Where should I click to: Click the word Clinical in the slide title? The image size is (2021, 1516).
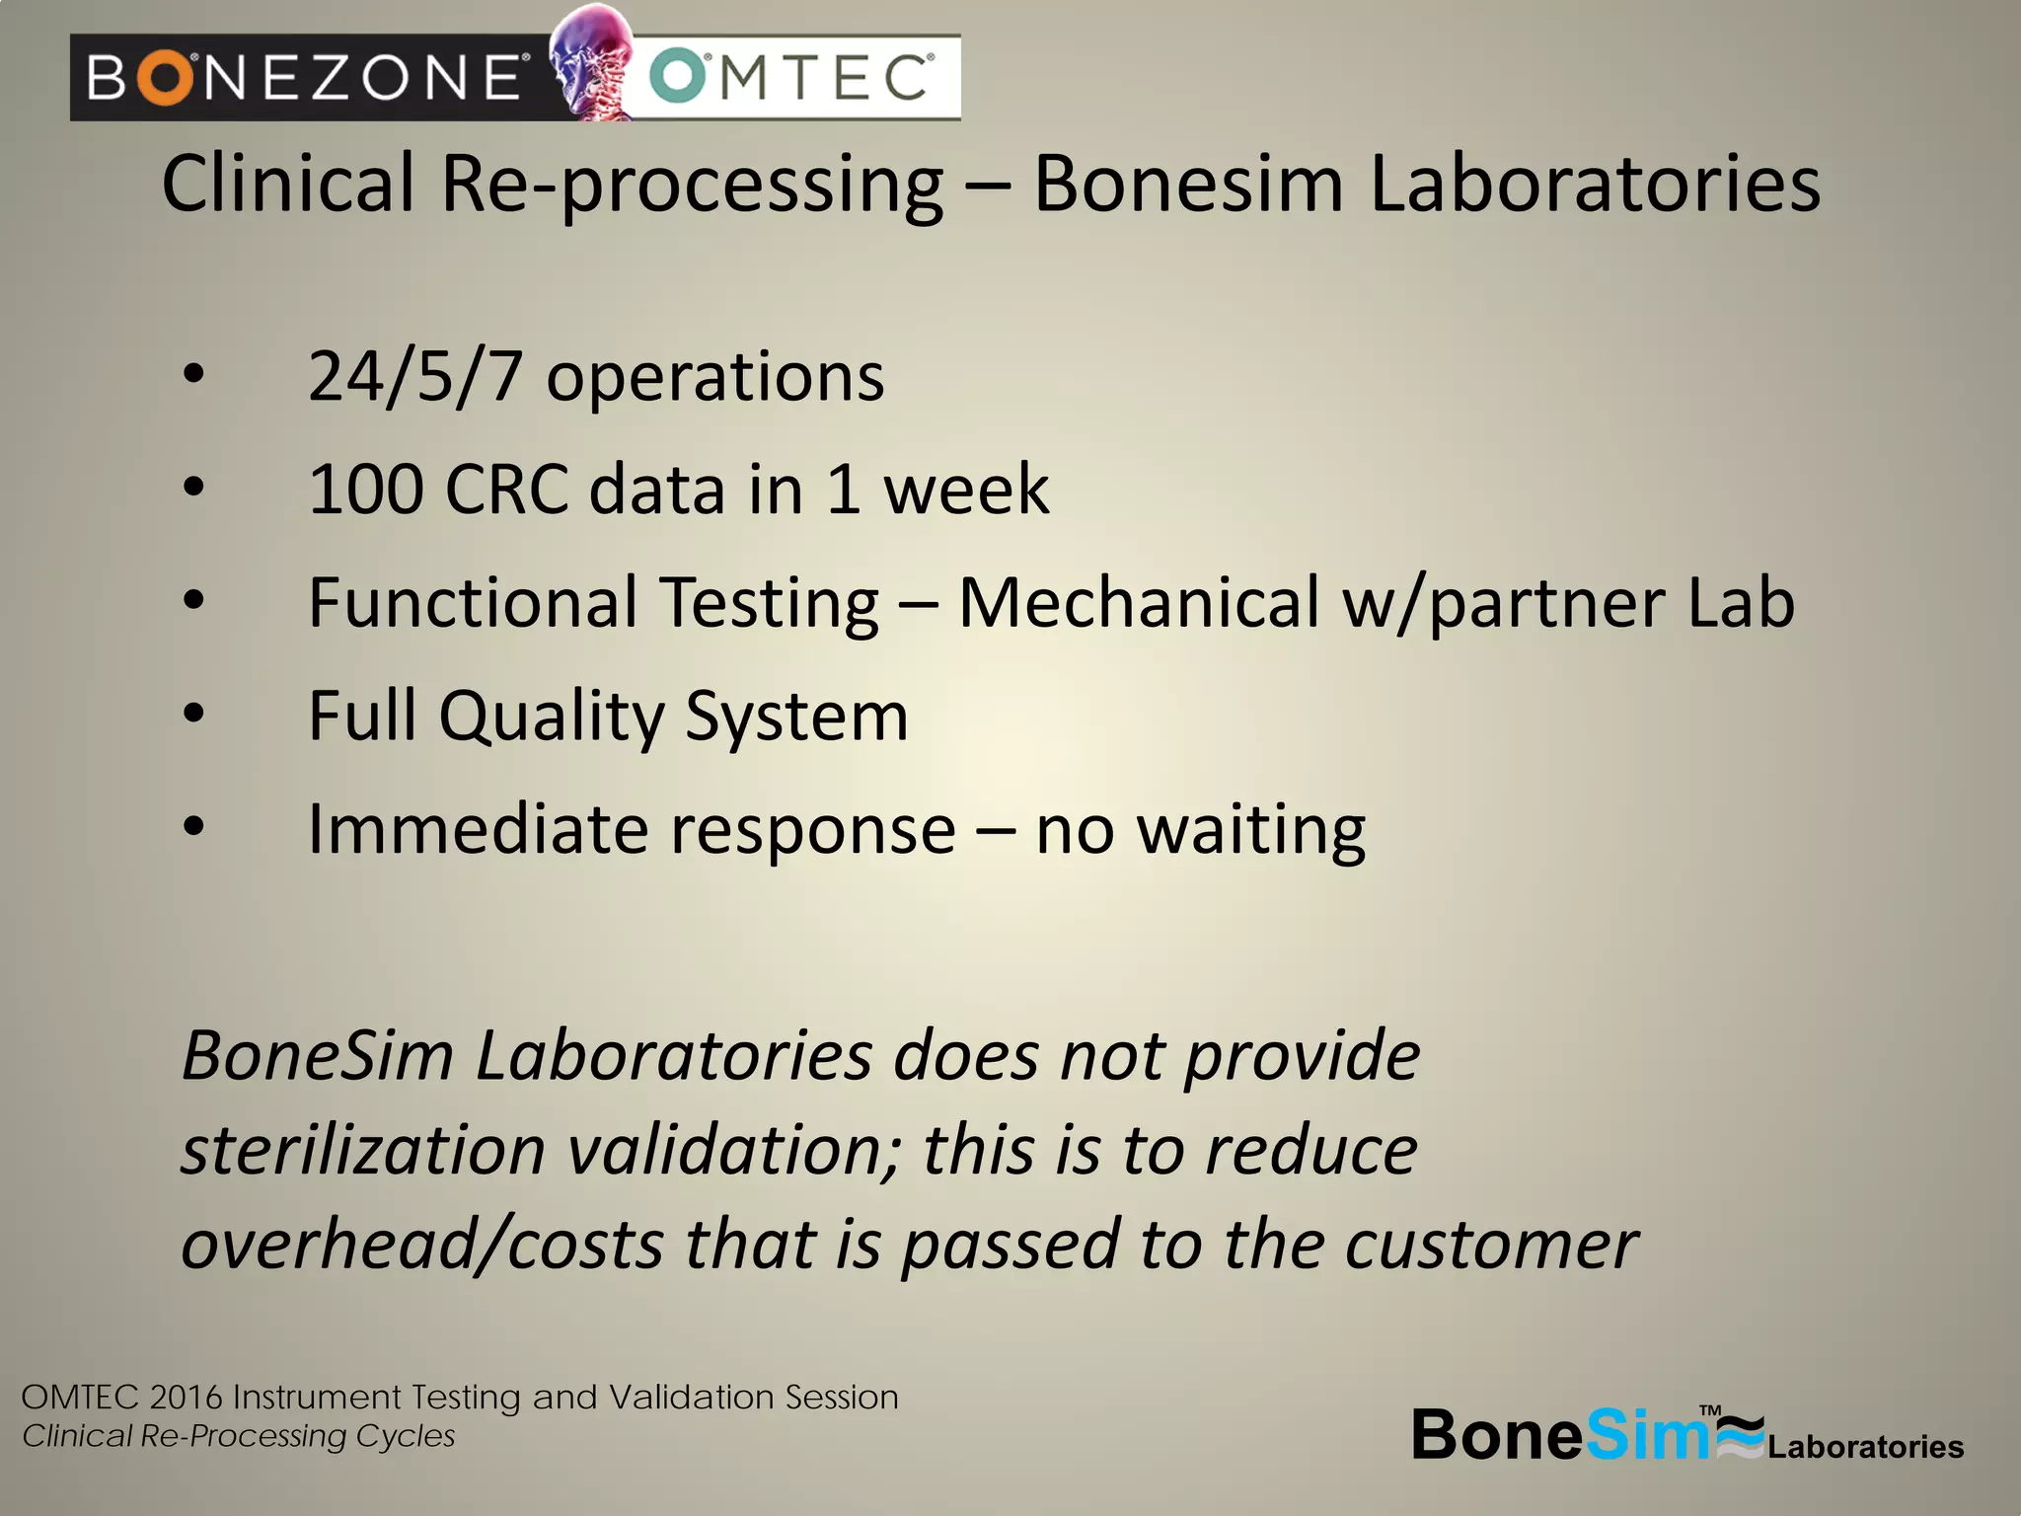tap(288, 185)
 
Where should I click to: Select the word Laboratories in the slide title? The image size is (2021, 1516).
tap(1595, 185)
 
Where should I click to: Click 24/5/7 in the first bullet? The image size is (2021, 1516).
tap(414, 377)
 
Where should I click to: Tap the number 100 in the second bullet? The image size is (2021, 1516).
tap(366, 490)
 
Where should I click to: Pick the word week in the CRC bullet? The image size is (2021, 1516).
tap(966, 490)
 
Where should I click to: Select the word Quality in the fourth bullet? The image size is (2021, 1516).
tap(552, 717)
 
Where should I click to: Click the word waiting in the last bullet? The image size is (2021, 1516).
tap(1251, 831)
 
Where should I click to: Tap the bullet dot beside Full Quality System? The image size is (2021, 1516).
tap(194, 713)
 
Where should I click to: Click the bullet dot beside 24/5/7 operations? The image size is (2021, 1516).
tap(194, 374)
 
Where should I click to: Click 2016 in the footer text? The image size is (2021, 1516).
tap(187, 1398)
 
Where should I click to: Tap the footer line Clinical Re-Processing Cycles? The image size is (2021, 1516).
tap(239, 1436)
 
